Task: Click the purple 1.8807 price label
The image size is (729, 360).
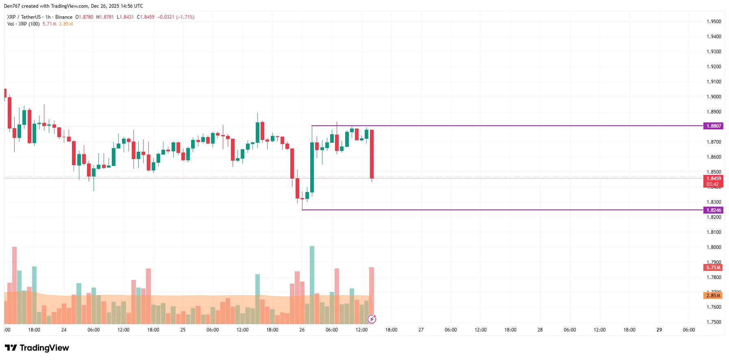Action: tap(713, 126)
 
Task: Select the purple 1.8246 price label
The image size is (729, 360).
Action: tap(713, 210)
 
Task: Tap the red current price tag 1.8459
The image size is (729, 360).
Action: tap(713, 179)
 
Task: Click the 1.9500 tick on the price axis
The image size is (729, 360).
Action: tap(714, 22)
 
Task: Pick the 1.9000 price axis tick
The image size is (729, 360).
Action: tap(714, 97)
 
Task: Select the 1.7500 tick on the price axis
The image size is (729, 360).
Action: tap(714, 322)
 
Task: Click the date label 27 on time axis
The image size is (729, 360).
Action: tap(421, 330)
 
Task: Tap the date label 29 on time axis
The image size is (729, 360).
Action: tap(659, 330)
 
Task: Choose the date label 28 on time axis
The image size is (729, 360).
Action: tap(540, 330)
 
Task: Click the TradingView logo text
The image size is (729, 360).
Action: tap(44, 348)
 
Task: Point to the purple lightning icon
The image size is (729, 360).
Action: tap(372, 319)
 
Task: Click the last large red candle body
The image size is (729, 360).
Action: tap(372, 154)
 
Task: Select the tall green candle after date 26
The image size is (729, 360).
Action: tap(312, 167)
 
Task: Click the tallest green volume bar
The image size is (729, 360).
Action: tap(312, 285)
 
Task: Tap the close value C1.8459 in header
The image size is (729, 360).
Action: tap(146, 17)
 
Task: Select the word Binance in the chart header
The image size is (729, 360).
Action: tap(64, 17)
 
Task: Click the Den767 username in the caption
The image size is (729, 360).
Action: tap(12, 6)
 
